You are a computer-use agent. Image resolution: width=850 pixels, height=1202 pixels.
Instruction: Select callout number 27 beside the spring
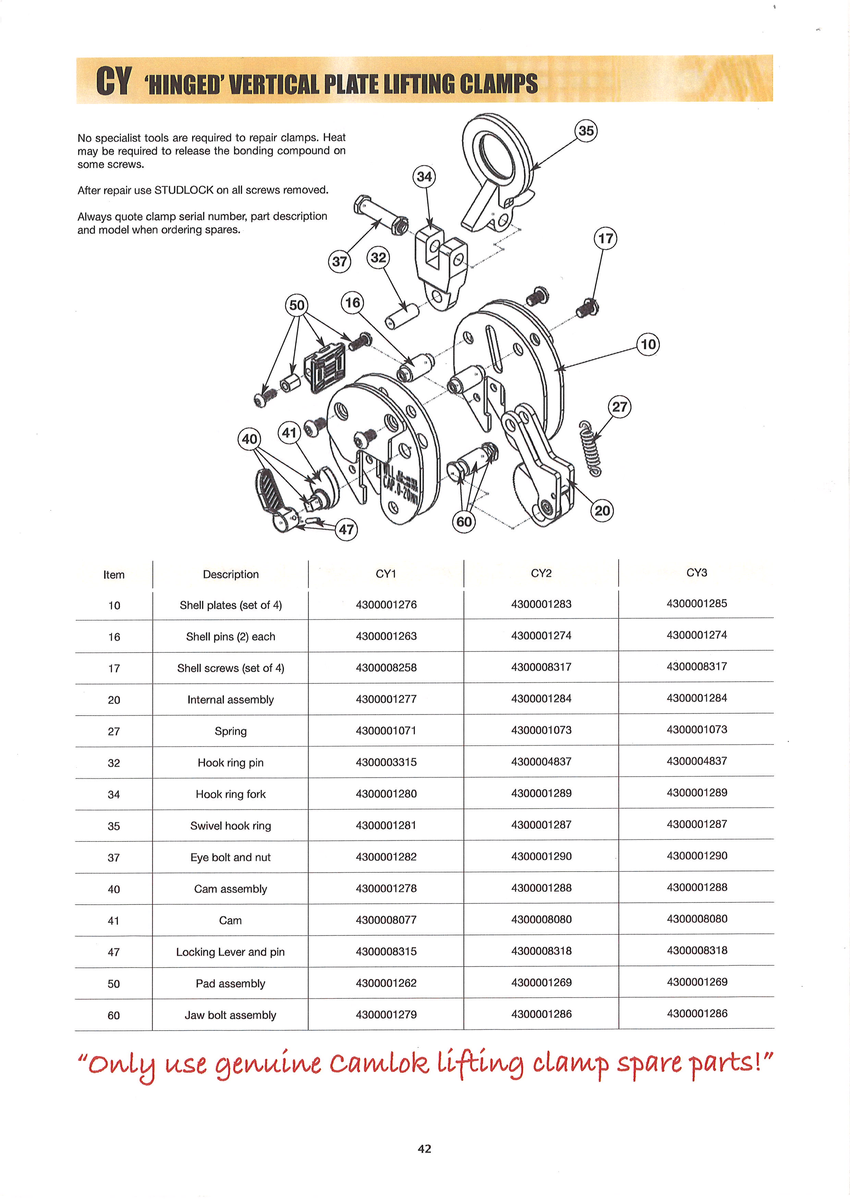tap(620, 407)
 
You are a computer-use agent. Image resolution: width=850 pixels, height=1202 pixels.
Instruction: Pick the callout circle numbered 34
tap(424, 177)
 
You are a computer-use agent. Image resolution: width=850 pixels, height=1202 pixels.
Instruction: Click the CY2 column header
tap(541, 573)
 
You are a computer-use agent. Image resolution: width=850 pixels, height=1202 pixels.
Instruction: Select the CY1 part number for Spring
tap(386, 730)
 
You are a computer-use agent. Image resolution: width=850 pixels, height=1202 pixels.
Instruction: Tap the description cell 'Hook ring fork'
tap(230, 794)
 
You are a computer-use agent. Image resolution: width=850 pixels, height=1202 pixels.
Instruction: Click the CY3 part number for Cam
tap(697, 919)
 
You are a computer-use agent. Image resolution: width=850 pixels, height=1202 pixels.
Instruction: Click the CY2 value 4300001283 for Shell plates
tap(541, 604)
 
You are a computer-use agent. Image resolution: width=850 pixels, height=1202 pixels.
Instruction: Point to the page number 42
tap(424, 1149)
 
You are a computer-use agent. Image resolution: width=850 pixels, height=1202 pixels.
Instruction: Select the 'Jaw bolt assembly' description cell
tap(230, 1015)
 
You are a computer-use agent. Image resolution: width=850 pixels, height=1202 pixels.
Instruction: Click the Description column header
tap(230, 574)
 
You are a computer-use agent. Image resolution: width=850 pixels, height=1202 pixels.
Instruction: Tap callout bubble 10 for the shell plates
tap(648, 344)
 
